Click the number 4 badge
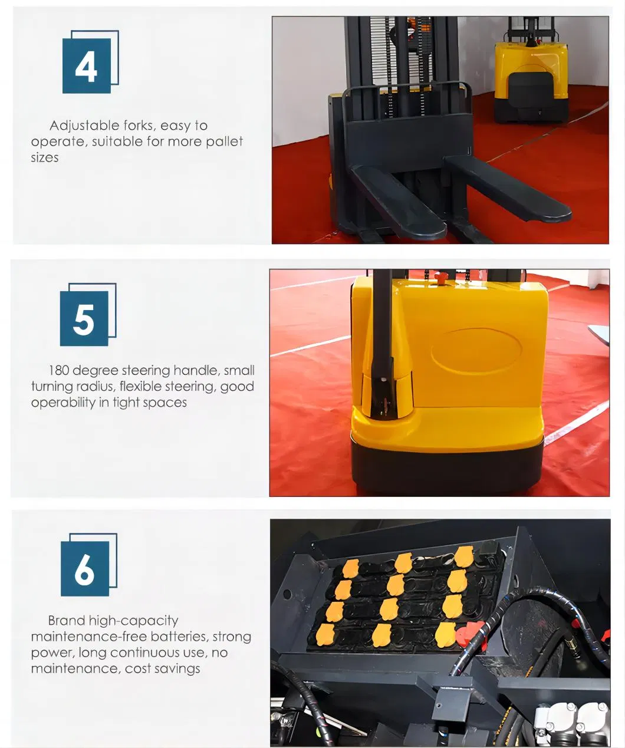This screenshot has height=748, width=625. click(x=87, y=65)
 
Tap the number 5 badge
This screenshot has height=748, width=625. click(x=84, y=318)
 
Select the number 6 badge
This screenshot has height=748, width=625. click(x=85, y=568)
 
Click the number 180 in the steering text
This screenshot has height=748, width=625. click(x=58, y=371)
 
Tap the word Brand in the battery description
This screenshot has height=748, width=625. click(x=67, y=621)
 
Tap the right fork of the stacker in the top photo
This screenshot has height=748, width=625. click(x=507, y=189)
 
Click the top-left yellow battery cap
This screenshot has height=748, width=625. click(x=350, y=569)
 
